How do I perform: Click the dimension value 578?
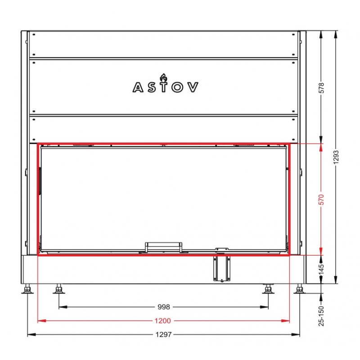(x=322, y=88)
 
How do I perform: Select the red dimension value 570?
(x=321, y=199)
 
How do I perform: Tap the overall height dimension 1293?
(x=336, y=157)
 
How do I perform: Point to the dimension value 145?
(x=321, y=269)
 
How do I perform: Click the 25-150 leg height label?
(x=321, y=316)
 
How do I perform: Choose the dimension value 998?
(x=164, y=307)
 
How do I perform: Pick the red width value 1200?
(x=163, y=321)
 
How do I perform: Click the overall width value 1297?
(x=163, y=334)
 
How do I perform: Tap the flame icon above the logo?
(x=163, y=78)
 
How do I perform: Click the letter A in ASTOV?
(x=138, y=87)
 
